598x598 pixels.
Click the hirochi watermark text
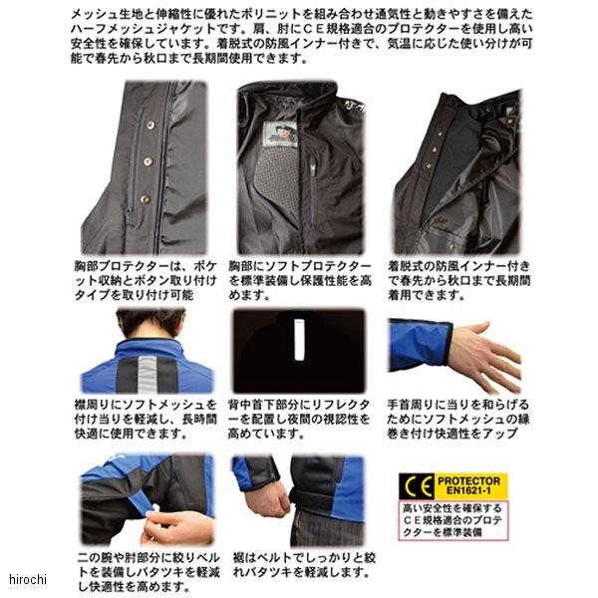point(28,579)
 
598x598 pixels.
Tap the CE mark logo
point(417,486)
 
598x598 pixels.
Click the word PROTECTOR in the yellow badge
point(468,480)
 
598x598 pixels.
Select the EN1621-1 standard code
point(468,490)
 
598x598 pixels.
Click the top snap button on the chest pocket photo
point(151,125)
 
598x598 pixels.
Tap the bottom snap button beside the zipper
point(145,198)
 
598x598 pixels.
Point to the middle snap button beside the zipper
point(149,161)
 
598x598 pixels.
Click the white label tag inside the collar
point(280,135)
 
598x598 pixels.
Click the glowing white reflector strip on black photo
point(299,340)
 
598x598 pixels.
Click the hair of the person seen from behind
point(151,323)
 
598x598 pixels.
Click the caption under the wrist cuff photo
point(458,419)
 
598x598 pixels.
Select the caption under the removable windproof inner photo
point(458,280)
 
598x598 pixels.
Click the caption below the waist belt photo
point(304,565)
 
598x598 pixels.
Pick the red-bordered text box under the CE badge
point(453,520)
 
